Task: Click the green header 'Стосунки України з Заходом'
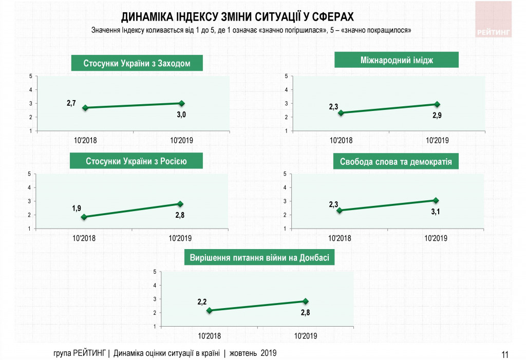point(137,64)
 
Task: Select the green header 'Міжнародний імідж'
point(396,60)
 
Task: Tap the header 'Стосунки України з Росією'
point(137,161)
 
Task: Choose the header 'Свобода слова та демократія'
point(396,162)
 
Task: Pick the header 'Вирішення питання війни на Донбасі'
point(259,258)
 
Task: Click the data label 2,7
point(71,103)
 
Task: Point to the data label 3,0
point(181,115)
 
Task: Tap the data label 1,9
point(77,208)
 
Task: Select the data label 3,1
point(436,211)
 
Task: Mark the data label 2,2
point(202,302)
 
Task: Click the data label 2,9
point(437,116)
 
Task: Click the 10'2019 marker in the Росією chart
point(180,204)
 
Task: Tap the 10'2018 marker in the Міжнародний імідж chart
point(340,113)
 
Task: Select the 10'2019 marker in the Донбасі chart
point(306,301)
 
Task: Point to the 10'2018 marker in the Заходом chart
point(85,108)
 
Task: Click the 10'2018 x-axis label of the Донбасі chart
point(209,336)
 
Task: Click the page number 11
point(504,354)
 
